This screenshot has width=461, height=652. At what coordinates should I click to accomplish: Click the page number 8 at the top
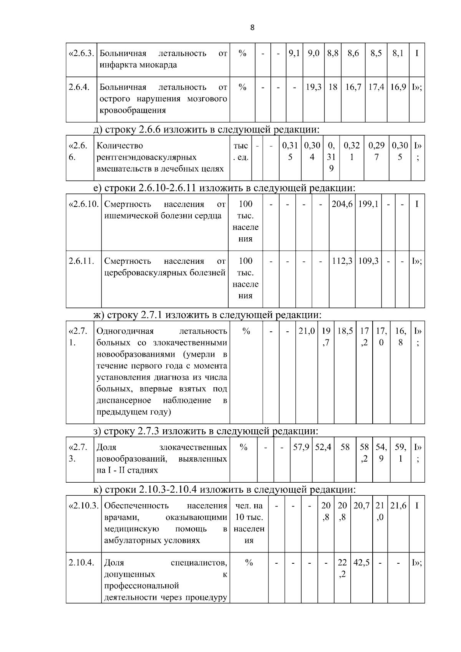252,27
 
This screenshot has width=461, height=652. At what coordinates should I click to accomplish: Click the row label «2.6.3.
81,53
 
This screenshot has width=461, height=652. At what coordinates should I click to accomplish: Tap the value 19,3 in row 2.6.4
313,87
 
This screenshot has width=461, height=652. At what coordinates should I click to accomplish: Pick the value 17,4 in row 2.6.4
376,87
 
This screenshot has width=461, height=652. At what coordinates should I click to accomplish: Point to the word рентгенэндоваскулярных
146,157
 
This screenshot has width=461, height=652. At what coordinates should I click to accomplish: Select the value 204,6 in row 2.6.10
342,204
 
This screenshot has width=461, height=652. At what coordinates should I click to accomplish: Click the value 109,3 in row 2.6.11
368,261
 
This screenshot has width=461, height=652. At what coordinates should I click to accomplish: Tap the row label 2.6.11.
81,261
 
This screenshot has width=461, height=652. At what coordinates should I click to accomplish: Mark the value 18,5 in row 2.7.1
345,331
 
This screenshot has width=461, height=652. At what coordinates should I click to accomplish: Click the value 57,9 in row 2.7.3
301,447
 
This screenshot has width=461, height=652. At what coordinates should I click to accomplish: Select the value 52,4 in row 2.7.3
323,447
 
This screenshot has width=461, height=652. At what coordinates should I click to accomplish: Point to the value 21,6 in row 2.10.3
398,506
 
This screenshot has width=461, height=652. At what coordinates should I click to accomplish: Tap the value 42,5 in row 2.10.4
362,563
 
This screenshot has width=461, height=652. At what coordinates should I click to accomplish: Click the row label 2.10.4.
81,563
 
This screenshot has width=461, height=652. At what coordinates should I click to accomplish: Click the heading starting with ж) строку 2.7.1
207,315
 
